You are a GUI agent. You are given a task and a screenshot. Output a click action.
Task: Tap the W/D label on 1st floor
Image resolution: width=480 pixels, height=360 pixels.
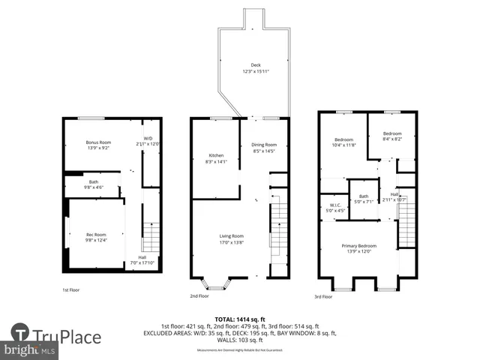coord(148,140)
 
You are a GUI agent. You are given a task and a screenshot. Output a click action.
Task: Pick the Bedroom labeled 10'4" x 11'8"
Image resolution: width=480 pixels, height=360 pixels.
coord(344,142)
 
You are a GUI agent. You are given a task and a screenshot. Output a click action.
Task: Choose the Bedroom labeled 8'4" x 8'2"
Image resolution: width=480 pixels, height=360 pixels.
coord(392,136)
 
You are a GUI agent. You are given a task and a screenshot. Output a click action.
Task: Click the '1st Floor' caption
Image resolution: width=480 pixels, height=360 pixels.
coord(71,289)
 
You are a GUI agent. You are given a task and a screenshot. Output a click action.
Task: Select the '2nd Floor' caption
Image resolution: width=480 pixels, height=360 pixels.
coord(199,295)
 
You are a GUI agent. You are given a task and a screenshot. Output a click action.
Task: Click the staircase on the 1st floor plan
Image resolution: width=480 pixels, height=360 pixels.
coord(151,238)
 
